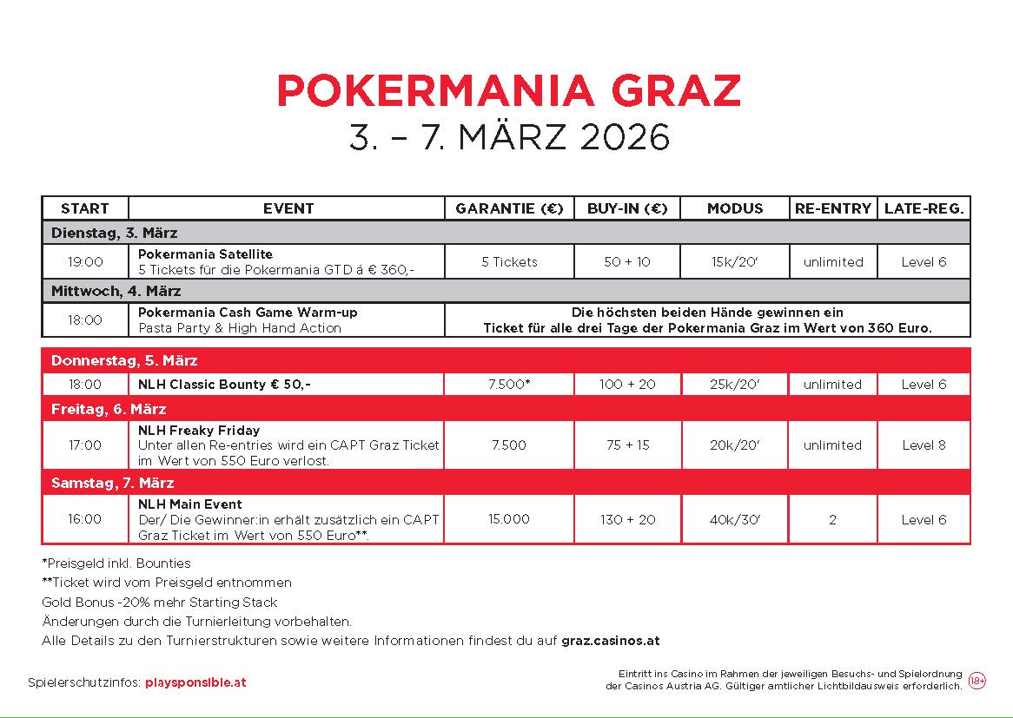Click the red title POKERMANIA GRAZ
point(509,90)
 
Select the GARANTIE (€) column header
point(509,208)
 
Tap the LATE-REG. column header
point(924,208)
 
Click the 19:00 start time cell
point(85,261)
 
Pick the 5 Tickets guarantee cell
point(509,261)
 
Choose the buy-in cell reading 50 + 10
point(626,261)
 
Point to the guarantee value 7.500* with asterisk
point(509,384)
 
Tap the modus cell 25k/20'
point(734,384)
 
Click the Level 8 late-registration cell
point(924,445)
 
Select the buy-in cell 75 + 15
point(626,445)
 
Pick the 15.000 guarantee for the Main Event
point(509,519)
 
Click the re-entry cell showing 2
point(832,519)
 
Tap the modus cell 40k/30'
point(734,519)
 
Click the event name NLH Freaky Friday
point(199,430)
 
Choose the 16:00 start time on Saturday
point(85,519)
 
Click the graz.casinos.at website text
point(610,641)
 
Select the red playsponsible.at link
point(195,682)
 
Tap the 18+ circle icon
point(977,682)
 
